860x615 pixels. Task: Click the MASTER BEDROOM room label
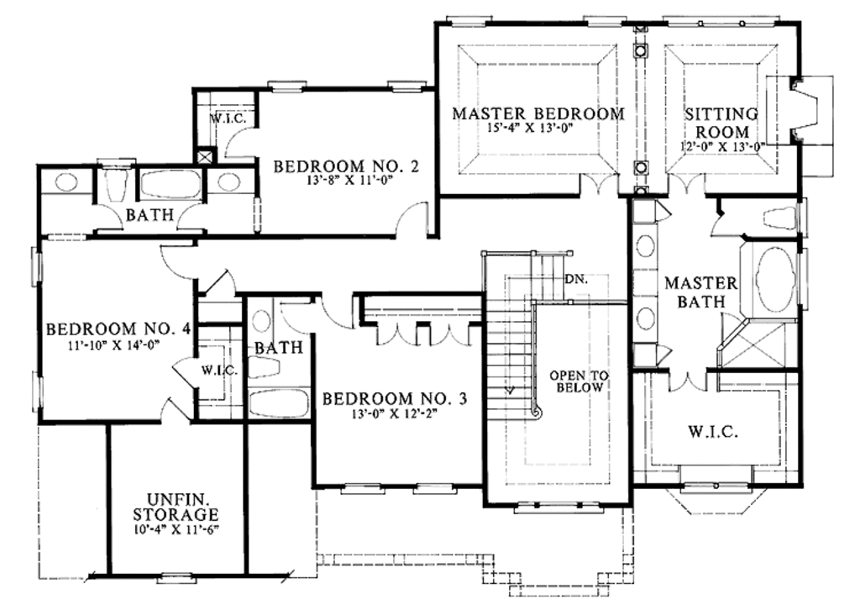pos(538,113)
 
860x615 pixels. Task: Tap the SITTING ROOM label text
pos(721,123)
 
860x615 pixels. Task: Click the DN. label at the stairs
pos(574,279)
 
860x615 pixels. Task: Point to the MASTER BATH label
pos(701,292)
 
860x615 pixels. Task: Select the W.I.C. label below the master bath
pos(713,433)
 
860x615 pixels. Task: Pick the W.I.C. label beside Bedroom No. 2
pos(227,118)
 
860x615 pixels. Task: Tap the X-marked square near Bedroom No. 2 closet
pos(205,156)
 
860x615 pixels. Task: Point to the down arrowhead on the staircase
pos(509,390)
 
